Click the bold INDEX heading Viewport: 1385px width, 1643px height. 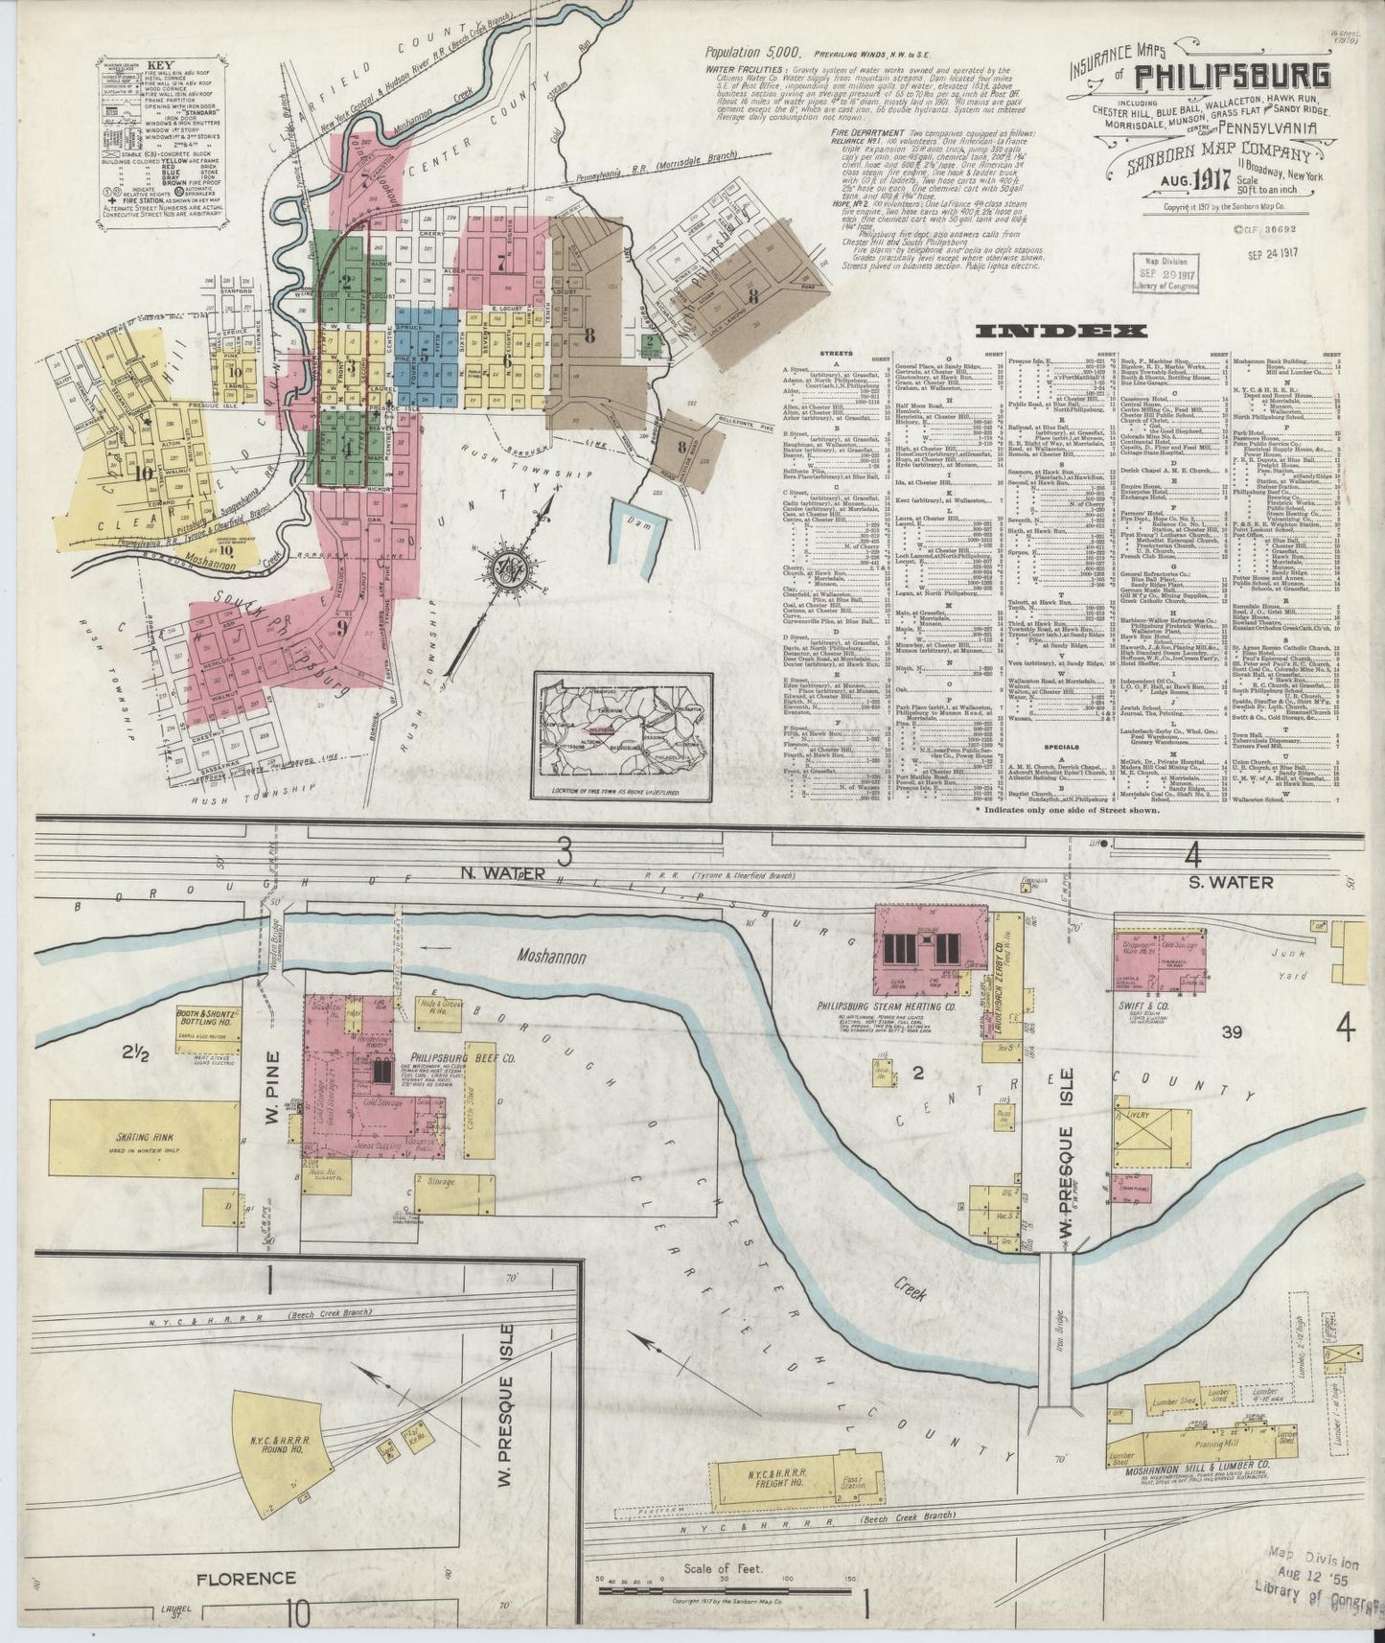click(1060, 333)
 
